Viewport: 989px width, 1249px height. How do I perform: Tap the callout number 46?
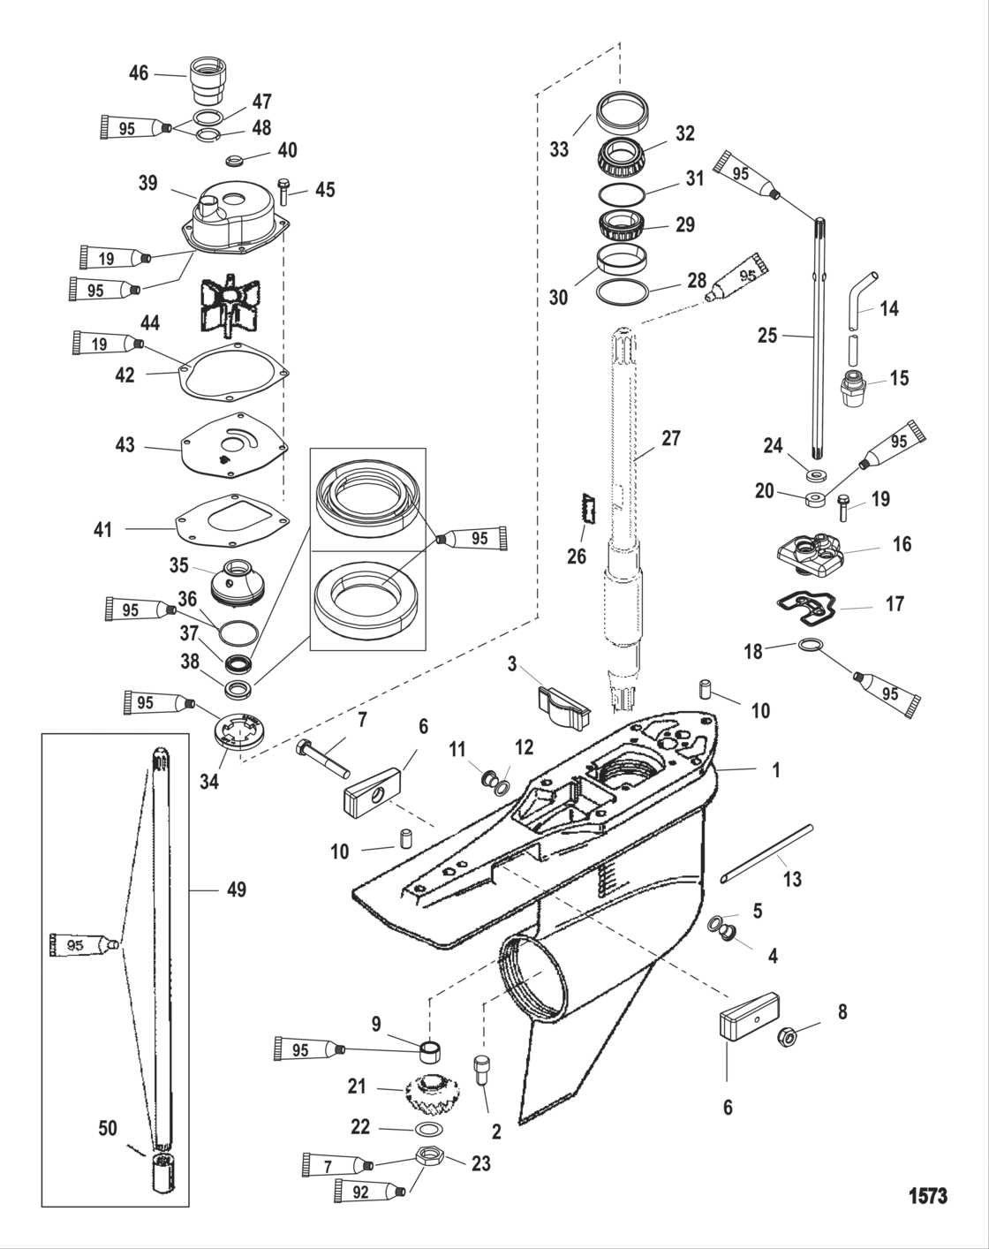(139, 72)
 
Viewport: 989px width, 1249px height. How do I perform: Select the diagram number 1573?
(927, 1196)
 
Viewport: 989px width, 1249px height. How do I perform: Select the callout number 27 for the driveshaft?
(671, 437)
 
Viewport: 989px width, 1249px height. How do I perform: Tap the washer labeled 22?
(430, 1130)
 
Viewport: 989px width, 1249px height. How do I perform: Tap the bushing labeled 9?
(430, 1051)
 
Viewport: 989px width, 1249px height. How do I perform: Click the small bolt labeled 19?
(844, 506)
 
